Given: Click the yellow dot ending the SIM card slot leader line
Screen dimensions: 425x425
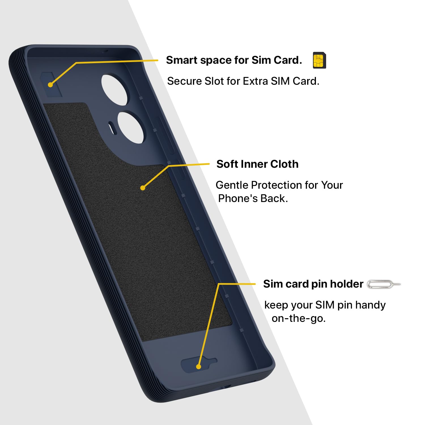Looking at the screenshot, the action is pyautogui.click(x=50, y=84).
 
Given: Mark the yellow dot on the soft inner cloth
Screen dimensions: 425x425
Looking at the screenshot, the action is pyautogui.click(x=143, y=188).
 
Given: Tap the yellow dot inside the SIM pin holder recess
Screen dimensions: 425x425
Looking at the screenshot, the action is pyautogui.click(x=199, y=367).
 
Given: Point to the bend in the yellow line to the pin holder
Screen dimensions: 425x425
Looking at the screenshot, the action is pyautogui.click(x=219, y=284).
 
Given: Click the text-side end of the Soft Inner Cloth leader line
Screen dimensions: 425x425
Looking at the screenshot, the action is pyautogui.click(x=209, y=164).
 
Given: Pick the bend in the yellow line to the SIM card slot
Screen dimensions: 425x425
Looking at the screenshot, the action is pyautogui.click(x=76, y=63).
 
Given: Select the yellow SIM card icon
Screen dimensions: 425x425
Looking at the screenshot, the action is pyautogui.click(x=319, y=60).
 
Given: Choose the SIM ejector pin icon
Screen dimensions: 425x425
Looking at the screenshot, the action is pyautogui.click(x=384, y=284).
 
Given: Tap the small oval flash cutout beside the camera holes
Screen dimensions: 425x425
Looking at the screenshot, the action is pyautogui.click(x=112, y=128).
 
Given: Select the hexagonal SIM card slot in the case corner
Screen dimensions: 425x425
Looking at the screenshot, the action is pyautogui.click(x=51, y=84).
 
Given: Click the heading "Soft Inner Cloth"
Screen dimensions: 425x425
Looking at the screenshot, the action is pyautogui.click(x=257, y=164).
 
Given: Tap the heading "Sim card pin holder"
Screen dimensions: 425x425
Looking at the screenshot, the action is pyautogui.click(x=313, y=284).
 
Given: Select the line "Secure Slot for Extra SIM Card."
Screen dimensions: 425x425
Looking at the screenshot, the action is pyautogui.click(x=243, y=81).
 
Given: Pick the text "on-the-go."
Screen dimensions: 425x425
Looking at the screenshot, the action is pyautogui.click(x=299, y=318).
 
